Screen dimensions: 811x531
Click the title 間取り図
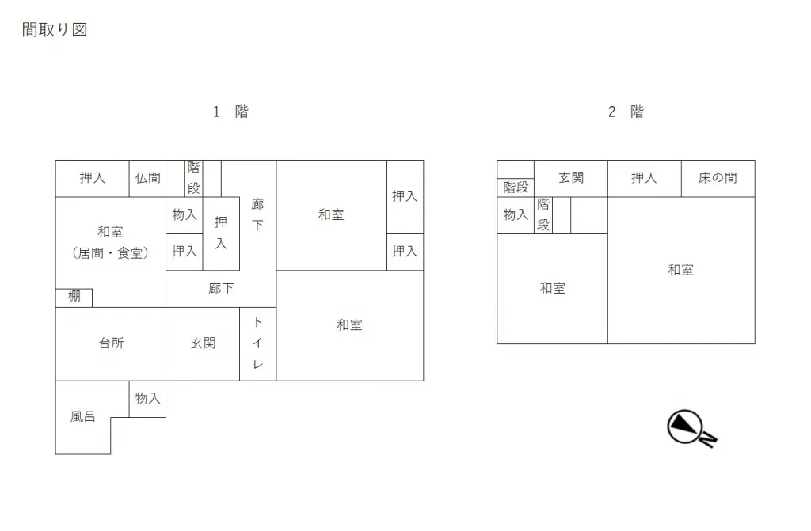coord(55,29)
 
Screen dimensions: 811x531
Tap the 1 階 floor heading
coord(230,112)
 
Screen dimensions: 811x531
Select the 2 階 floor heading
coord(626,112)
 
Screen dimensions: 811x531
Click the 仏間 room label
coord(148,178)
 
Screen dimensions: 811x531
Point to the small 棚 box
coord(74,298)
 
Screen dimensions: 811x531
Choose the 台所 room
coord(111,344)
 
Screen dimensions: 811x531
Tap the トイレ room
coord(257,344)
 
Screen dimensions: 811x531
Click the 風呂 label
coord(82,417)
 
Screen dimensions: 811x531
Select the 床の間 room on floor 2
coord(718,178)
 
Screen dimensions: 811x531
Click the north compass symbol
coord(685,427)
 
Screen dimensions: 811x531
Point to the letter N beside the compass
coord(709,439)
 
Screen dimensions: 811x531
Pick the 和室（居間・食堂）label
coord(111,242)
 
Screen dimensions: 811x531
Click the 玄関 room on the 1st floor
coord(203,344)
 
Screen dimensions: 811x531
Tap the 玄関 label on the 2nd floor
coord(571,178)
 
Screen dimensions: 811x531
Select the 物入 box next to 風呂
coord(147,399)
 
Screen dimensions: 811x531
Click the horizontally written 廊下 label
coord(221,289)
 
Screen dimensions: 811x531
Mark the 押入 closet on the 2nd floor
coord(645,178)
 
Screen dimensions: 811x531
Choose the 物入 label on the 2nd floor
coord(516,215)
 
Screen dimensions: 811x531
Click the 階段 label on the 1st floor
coord(193,178)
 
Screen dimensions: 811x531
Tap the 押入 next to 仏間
coord(92,178)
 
